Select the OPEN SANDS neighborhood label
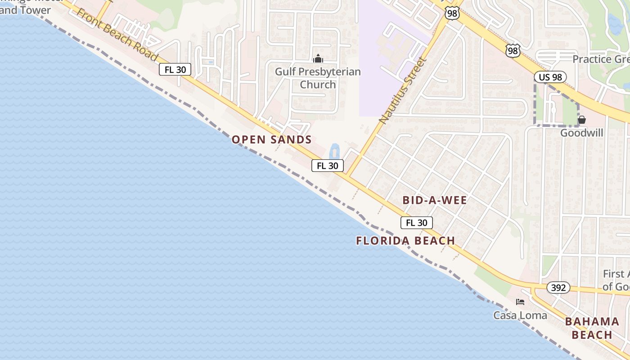(x=272, y=139)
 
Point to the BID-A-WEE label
(x=435, y=200)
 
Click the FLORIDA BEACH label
(x=405, y=241)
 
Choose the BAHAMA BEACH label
(x=592, y=328)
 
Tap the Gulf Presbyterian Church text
(x=318, y=78)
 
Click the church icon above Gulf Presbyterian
(x=318, y=58)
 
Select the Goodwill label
(x=581, y=133)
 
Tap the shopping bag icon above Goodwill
(x=582, y=120)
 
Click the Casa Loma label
(x=520, y=315)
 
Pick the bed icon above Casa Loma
(x=520, y=301)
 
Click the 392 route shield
(x=558, y=288)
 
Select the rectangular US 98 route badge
(x=550, y=77)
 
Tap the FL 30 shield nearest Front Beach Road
(x=175, y=69)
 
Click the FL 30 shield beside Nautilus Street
(x=327, y=166)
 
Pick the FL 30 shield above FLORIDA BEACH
(x=416, y=222)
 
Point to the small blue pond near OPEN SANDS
(x=334, y=151)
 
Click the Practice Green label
(x=601, y=59)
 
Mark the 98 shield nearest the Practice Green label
(x=513, y=50)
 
